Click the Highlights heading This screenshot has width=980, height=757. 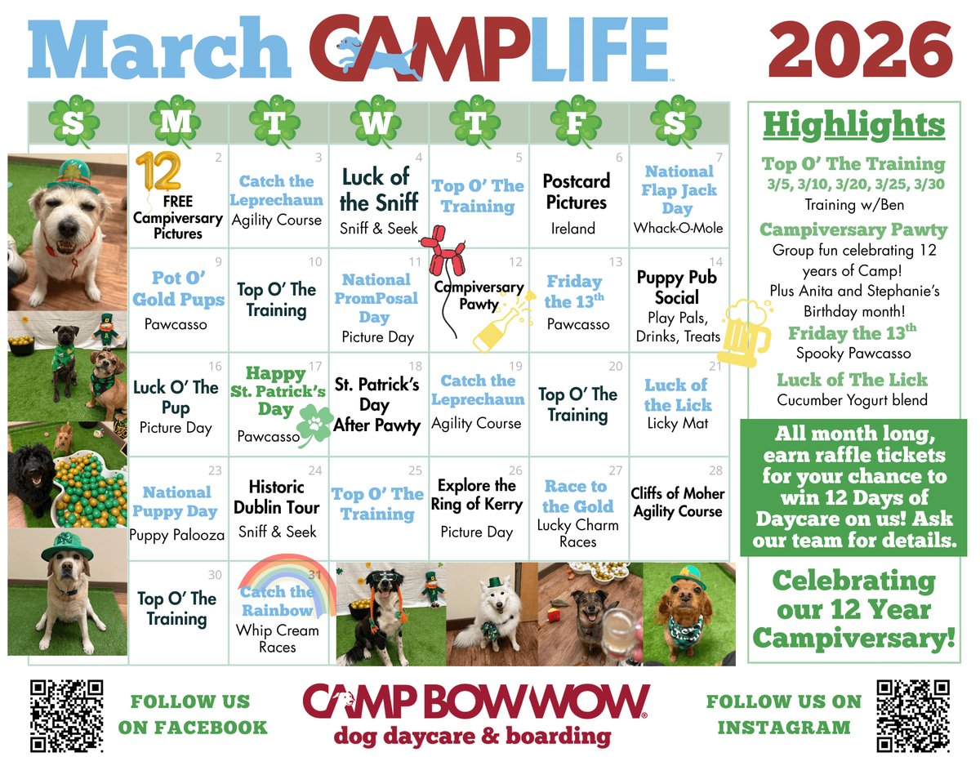pyautogui.click(x=853, y=125)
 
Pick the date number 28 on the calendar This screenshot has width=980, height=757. pyautogui.click(x=715, y=471)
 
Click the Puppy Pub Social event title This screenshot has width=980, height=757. pyautogui.click(x=677, y=287)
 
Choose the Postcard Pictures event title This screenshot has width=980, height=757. pyautogui.click(x=576, y=191)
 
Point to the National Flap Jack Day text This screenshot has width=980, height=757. pyautogui.click(x=679, y=189)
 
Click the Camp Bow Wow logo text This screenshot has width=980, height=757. pyautogui.click(x=476, y=701)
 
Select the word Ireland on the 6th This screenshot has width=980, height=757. pyautogui.click(x=572, y=229)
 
